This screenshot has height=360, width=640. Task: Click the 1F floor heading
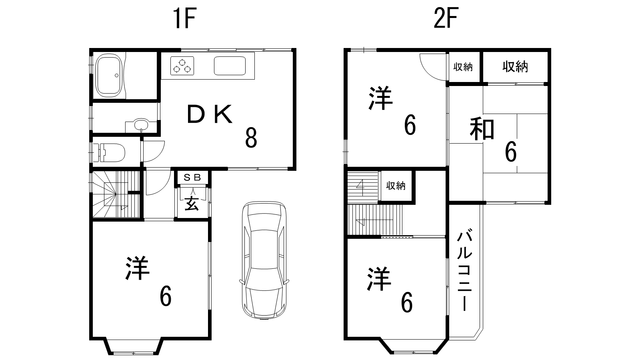[x=184, y=18]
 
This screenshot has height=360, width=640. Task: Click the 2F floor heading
[x=446, y=18]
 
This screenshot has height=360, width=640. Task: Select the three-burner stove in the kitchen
[x=182, y=66]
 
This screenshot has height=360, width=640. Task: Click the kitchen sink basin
[x=230, y=66]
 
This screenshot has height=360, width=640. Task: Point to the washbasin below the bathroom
[x=141, y=125]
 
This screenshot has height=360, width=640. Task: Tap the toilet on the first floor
[x=112, y=152]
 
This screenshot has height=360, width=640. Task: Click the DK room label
[x=210, y=114]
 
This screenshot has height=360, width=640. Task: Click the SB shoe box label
[x=192, y=178]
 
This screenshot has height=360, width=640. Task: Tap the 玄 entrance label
[x=192, y=204]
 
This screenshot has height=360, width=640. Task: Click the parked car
[x=264, y=260]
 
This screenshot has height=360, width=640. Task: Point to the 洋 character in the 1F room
[x=137, y=268]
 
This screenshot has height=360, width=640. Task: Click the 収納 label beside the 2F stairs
[x=396, y=186]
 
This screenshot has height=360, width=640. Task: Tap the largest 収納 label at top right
[x=515, y=66]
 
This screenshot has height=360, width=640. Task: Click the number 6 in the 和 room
[x=510, y=152]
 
